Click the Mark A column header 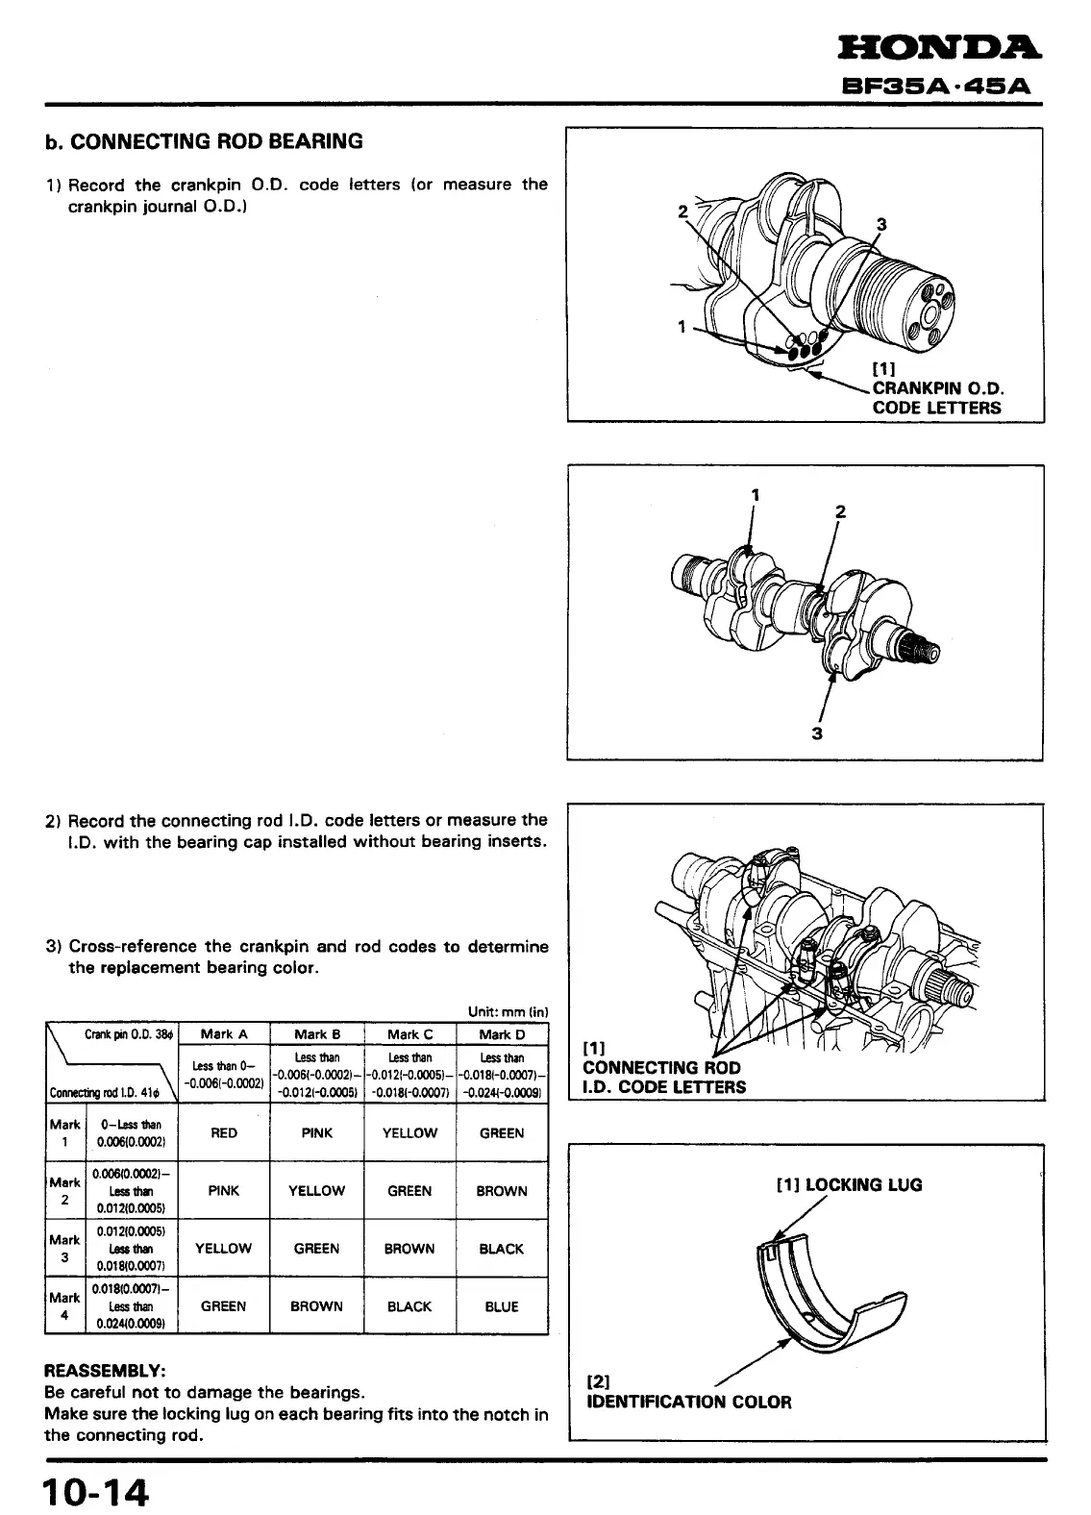click(224, 1034)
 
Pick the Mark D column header click(502, 1034)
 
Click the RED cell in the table click(224, 1133)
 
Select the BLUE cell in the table click(502, 1306)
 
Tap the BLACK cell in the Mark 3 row click(502, 1249)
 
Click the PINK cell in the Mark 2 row click(224, 1191)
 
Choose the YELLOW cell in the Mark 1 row click(409, 1133)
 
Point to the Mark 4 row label click(64, 1306)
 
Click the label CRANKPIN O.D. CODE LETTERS click(937, 398)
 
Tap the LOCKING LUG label click(848, 1184)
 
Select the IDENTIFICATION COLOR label click(688, 1402)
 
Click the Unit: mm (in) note click(508, 1012)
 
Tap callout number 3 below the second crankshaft click(817, 733)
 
